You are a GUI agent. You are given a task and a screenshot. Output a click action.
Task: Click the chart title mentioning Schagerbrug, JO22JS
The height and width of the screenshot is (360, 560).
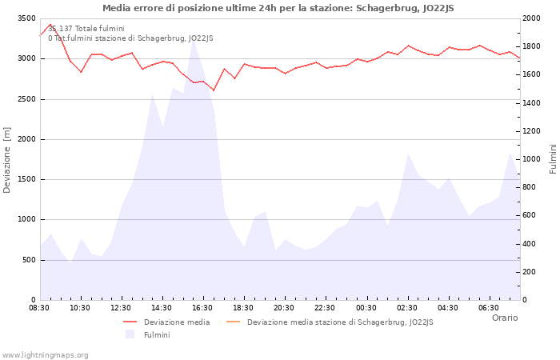click(x=278, y=8)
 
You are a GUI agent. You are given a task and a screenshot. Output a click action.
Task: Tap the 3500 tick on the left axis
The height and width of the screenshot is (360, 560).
click(x=26, y=18)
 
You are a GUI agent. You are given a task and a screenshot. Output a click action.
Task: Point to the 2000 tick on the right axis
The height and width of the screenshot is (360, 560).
click(x=534, y=18)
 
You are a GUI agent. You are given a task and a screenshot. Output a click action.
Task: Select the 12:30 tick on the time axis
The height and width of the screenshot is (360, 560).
click(x=121, y=308)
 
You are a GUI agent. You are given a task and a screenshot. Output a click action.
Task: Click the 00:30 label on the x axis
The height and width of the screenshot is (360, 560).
click(x=366, y=308)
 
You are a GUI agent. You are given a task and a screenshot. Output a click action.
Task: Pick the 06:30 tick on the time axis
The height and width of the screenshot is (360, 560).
click(x=489, y=308)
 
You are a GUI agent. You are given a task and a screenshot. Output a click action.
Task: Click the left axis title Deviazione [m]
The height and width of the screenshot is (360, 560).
click(x=7, y=160)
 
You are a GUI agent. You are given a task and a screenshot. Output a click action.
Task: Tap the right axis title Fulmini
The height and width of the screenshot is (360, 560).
click(x=553, y=159)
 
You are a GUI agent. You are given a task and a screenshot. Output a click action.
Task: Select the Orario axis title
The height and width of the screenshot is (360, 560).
click(x=505, y=318)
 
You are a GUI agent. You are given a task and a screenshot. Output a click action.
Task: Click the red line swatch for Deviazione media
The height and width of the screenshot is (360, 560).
click(x=130, y=322)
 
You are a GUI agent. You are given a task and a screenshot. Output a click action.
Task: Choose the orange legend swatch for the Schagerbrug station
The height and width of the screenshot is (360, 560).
click(x=234, y=322)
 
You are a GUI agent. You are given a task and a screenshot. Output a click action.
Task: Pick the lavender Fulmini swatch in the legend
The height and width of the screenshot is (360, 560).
click(x=130, y=334)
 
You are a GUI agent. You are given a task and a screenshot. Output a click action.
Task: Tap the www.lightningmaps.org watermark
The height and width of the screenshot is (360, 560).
click(x=46, y=355)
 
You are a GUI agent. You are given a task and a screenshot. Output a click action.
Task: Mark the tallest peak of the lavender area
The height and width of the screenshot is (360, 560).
click(x=193, y=40)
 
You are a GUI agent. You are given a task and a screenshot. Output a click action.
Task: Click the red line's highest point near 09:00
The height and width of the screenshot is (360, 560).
click(x=50, y=25)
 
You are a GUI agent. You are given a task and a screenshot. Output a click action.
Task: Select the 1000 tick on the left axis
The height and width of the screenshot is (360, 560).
click(x=26, y=219)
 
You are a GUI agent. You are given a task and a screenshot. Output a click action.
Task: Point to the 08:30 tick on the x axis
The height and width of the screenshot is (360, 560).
click(x=39, y=308)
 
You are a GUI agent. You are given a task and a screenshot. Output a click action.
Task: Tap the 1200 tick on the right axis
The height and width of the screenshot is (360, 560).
click(x=534, y=131)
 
